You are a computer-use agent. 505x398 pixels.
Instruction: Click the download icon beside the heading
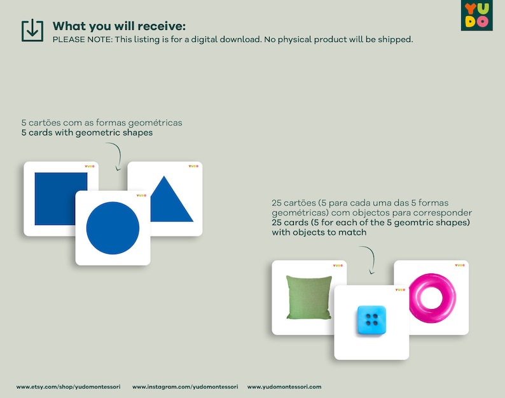click(x=32, y=31)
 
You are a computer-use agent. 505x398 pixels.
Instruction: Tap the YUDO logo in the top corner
click(x=476, y=16)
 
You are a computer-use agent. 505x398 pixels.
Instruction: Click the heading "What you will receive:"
click(x=119, y=26)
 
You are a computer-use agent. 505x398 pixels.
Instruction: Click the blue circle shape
click(x=113, y=228)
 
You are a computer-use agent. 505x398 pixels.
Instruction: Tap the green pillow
click(x=308, y=297)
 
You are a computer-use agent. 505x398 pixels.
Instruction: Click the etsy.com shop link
click(x=67, y=387)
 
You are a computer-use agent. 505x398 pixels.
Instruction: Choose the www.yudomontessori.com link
click(x=284, y=387)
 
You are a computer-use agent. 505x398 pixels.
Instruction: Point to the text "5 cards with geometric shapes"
click(x=87, y=133)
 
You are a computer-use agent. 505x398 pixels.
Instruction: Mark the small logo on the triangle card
click(x=193, y=167)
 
